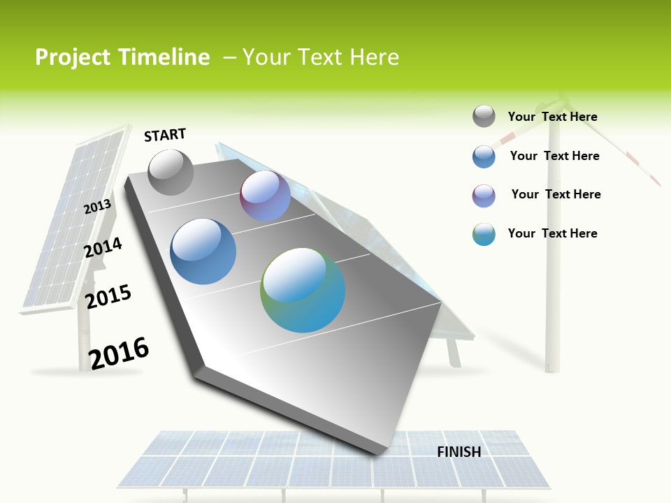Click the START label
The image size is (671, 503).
(x=165, y=134)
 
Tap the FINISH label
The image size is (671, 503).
(x=459, y=452)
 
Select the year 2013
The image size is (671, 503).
(x=98, y=207)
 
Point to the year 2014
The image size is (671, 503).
(x=103, y=247)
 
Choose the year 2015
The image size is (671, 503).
(x=108, y=297)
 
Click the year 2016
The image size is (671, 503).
(x=119, y=353)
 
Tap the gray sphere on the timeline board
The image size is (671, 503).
(x=171, y=172)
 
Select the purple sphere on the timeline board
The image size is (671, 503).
(x=265, y=196)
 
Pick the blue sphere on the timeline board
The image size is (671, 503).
(x=203, y=251)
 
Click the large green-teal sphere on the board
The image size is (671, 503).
(x=303, y=290)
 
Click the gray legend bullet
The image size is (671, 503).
(x=484, y=116)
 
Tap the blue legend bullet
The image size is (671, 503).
(x=484, y=156)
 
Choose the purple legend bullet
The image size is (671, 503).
(x=484, y=196)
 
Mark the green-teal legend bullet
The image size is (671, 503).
(x=484, y=234)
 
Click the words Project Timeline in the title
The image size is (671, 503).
(x=122, y=57)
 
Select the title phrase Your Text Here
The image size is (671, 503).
(x=321, y=57)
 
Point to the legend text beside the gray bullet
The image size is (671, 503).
(x=552, y=117)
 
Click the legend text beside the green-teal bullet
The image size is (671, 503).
(x=552, y=233)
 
